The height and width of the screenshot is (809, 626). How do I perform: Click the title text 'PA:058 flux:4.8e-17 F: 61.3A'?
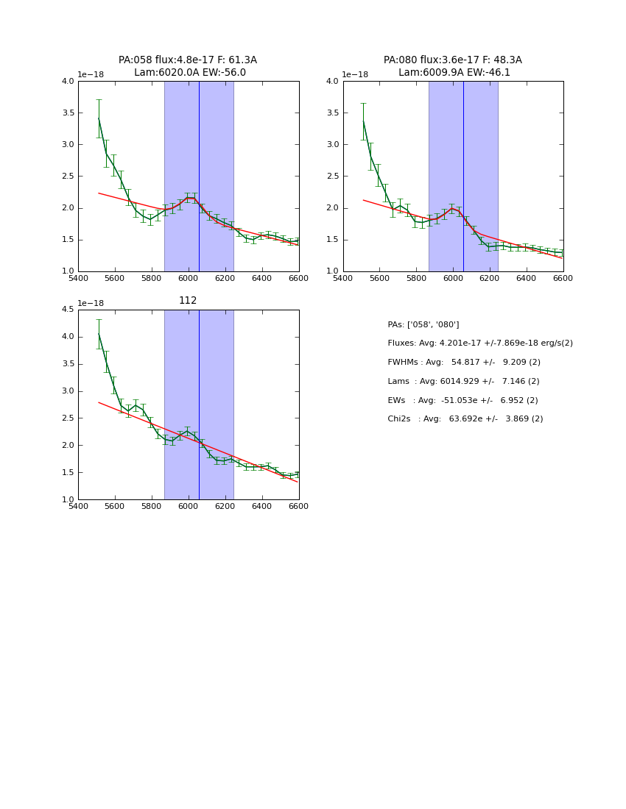click(188, 60)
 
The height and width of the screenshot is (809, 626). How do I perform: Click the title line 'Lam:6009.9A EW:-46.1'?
click(454, 73)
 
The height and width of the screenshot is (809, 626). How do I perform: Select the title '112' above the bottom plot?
click(188, 301)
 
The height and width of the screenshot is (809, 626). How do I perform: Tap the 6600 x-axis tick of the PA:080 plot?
click(563, 279)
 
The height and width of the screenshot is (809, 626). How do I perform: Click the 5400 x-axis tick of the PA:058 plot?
click(78, 279)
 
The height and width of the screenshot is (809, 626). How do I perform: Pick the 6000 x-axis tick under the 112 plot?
click(188, 507)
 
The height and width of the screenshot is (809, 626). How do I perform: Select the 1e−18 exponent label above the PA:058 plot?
click(91, 75)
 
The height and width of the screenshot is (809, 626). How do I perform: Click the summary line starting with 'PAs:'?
click(423, 324)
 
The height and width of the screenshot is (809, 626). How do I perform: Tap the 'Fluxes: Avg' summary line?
click(479, 343)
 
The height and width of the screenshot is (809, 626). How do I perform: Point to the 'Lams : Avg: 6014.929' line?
click(463, 382)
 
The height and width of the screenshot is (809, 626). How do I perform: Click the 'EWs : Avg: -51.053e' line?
click(463, 401)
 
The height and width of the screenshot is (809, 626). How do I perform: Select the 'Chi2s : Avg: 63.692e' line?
click(465, 419)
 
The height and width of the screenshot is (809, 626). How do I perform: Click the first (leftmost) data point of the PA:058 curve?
click(99, 118)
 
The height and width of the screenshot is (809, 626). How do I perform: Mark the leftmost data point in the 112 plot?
click(99, 334)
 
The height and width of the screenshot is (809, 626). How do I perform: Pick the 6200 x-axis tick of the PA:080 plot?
click(490, 279)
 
